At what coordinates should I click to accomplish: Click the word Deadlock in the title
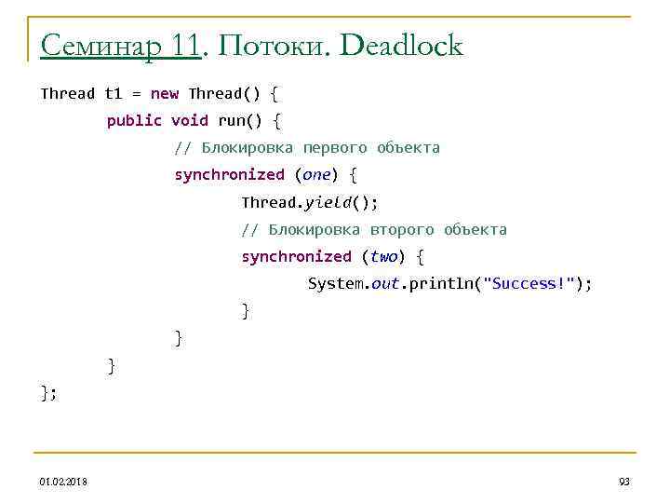click(x=401, y=46)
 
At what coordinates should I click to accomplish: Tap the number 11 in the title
click(x=186, y=46)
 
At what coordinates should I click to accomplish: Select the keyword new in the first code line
click(x=164, y=93)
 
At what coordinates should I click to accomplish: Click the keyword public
click(x=134, y=120)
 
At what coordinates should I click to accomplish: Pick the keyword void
click(x=190, y=120)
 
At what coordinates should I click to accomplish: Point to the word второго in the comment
click(x=402, y=229)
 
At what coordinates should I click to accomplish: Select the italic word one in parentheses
click(x=316, y=174)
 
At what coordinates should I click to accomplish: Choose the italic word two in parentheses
click(x=383, y=256)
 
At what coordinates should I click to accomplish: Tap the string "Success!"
click(x=529, y=283)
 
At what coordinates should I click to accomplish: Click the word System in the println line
click(x=336, y=283)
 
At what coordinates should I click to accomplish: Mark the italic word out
click(x=385, y=283)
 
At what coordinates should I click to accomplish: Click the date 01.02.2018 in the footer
click(x=63, y=481)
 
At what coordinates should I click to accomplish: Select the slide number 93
click(x=623, y=481)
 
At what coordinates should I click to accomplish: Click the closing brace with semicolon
click(x=48, y=392)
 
